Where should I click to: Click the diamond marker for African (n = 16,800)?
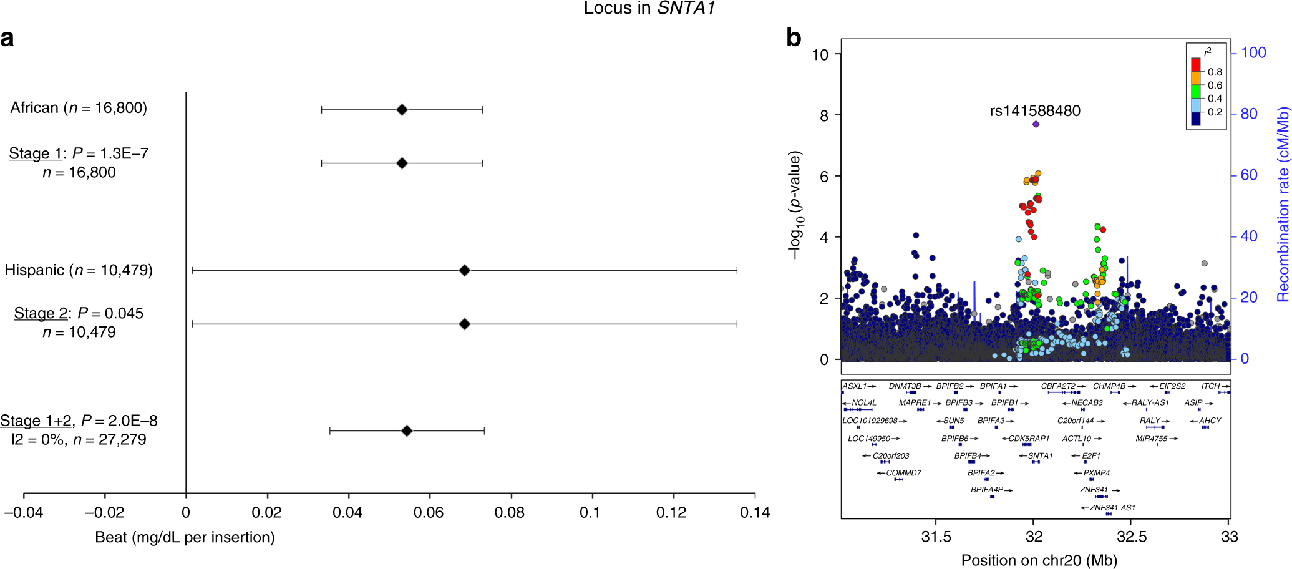pyautogui.click(x=402, y=110)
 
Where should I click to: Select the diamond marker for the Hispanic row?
pyautogui.click(x=464, y=270)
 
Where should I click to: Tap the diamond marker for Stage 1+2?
pyautogui.click(x=407, y=430)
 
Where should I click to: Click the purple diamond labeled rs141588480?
pyautogui.click(x=1036, y=124)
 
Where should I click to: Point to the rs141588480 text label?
pyautogui.click(x=1035, y=111)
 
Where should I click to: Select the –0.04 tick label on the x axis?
pyautogui.click(x=24, y=513)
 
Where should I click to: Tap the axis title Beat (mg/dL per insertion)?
pyautogui.click(x=185, y=537)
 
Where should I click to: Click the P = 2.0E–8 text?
pyautogui.click(x=119, y=421)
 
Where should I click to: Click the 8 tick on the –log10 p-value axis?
pyautogui.click(x=824, y=115)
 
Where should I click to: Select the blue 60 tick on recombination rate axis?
pyautogui.click(x=1249, y=175)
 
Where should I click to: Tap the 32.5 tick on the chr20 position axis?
pyautogui.click(x=1131, y=537)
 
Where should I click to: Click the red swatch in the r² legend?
pyautogui.click(x=1196, y=64)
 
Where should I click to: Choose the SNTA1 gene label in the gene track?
pyautogui.click(x=1040, y=456)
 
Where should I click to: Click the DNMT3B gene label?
pyautogui.click(x=905, y=386)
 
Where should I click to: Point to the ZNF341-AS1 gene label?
pyautogui.click(x=1112, y=508)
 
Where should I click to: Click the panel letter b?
pyautogui.click(x=794, y=38)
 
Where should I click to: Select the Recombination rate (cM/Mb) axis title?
pyautogui.click(x=1283, y=205)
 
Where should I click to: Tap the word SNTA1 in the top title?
pyautogui.click(x=686, y=8)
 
